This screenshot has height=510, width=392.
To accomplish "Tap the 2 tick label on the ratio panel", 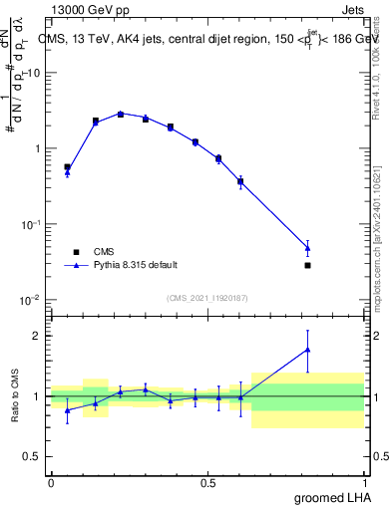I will pos(39,336).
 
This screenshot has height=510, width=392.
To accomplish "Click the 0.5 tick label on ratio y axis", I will pos(33,457).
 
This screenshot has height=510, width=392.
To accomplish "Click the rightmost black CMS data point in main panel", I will pos(307,265).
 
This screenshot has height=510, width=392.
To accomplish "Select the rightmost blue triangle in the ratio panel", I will pos(307,350).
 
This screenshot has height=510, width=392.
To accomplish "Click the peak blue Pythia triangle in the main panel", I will pos(121,114).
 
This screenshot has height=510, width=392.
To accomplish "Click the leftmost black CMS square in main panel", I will pos(67,167).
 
